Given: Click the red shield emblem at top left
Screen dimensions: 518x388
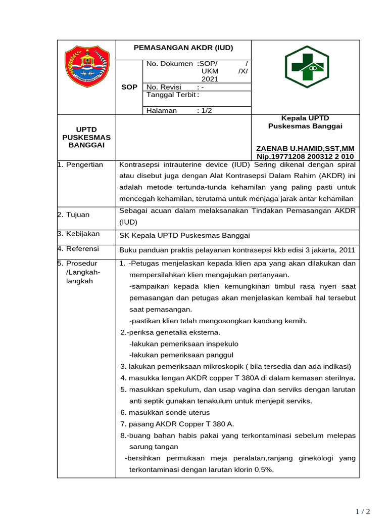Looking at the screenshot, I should pyautogui.click(x=87, y=67).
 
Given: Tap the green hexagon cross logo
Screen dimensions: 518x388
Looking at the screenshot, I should pyautogui.click(x=307, y=67).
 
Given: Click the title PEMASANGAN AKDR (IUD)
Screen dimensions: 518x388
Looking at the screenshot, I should pyautogui.click(x=183, y=48).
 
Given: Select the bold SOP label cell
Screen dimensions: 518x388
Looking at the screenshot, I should pyautogui.click(x=129, y=87).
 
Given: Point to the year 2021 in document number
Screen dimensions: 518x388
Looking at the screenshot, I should pyautogui.click(x=210, y=79).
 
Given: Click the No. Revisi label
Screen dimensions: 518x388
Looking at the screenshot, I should pyautogui.click(x=164, y=87).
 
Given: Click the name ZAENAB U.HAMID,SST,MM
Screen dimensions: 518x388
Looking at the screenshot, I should pyautogui.click(x=305, y=148).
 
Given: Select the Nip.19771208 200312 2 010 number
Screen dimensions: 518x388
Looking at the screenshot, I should pyautogui.click(x=305, y=157).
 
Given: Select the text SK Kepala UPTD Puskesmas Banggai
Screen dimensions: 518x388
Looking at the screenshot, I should pyautogui.click(x=184, y=235).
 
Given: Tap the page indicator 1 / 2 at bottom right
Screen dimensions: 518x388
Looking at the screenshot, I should pyautogui.click(x=363, y=511).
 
